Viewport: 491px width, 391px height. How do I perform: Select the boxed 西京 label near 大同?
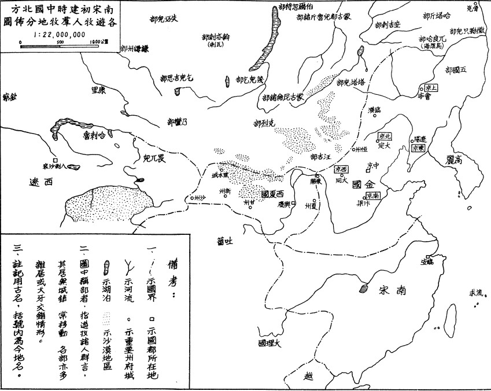coord(341,169)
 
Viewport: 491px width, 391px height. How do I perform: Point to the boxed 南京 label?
coord(372,196)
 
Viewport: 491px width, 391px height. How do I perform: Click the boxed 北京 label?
coord(385,137)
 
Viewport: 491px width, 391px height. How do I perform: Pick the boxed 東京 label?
coord(418,148)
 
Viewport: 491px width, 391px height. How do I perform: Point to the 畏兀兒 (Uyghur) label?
coord(154,156)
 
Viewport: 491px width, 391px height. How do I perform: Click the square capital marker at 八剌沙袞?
coord(55,160)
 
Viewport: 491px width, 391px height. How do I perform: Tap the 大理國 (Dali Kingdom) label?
coord(270,344)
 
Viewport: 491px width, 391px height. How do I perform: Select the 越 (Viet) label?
coord(307,377)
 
